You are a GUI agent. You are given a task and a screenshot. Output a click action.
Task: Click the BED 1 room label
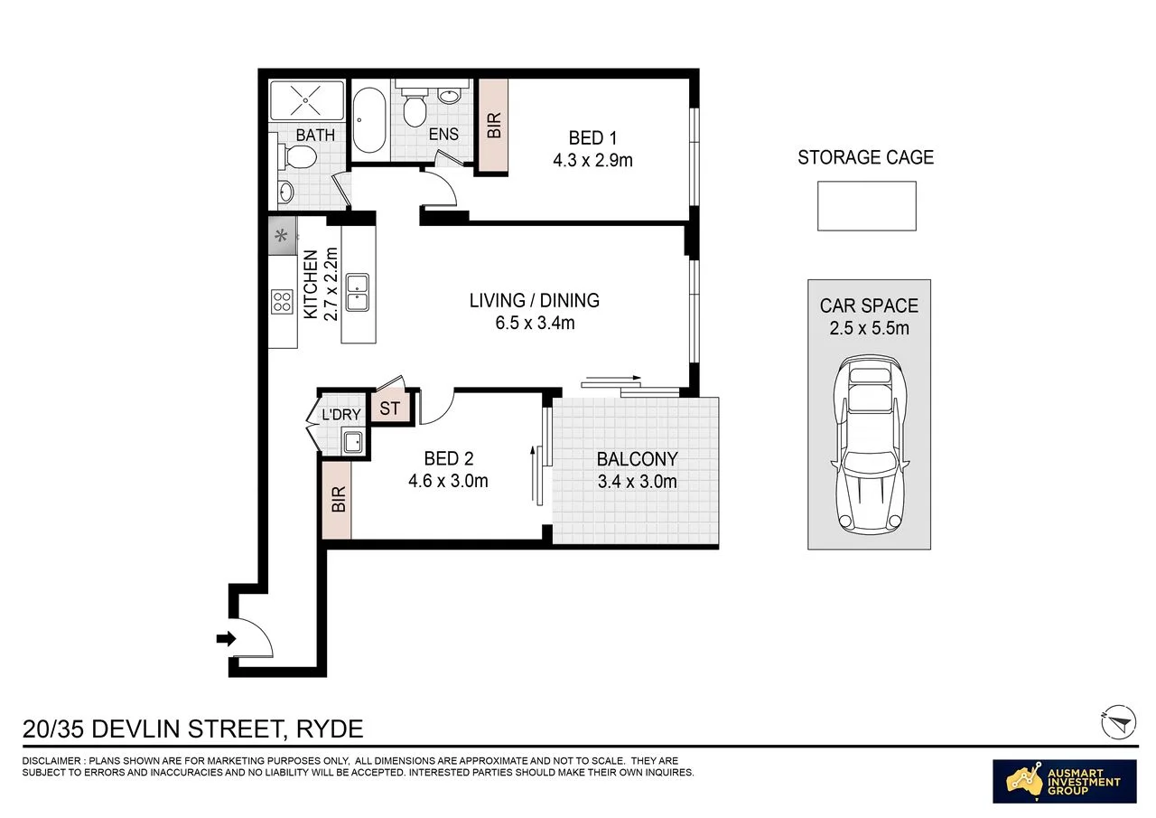click(x=592, y=138)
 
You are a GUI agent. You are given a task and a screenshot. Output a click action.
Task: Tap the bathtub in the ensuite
click(x=369, y=120)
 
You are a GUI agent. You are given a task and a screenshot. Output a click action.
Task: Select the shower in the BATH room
click(x=306, y=100)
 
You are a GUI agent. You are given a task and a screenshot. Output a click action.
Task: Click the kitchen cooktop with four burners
click(x=282, y=302)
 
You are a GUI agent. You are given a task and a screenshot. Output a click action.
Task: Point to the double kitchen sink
click(x=357, y=292)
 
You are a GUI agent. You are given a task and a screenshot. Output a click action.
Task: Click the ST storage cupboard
click(x=390, y=408)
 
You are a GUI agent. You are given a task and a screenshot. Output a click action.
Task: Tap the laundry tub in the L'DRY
click(x=353, y=442)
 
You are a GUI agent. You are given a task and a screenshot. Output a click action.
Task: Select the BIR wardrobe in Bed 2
click(x=337, y=500)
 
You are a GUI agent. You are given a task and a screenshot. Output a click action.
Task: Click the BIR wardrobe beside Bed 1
click(x=493, y=125)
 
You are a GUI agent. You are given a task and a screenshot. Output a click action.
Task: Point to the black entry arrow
click(x=226, y=639)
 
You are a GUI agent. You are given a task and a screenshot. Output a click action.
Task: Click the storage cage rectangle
click(x=866, y=205)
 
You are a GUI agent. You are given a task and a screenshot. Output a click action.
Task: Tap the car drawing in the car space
click(x=870, y=445)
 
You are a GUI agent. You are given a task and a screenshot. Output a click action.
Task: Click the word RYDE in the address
click(x=330, y=729)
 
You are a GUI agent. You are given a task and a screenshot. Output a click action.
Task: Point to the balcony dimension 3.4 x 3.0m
click(x=637, y=481)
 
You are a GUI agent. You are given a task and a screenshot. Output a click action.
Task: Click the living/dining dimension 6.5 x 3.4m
click(x=535, y=323)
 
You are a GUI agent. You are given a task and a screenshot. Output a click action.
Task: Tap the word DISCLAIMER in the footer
click(x=51, y=761)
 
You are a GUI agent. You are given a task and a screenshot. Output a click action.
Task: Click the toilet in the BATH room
click(x=297, y=156)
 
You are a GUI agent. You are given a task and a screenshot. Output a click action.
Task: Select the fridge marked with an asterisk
click(x=283, y=236)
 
